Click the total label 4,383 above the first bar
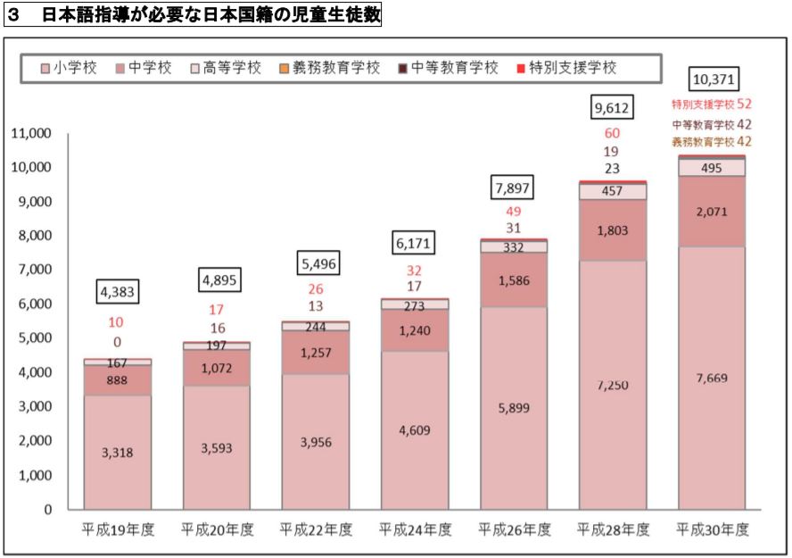(119, 291)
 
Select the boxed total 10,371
(714, 79)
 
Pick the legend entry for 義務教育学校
(335, 68)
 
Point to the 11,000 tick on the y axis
(31, 134)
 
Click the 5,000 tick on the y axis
(35, 338)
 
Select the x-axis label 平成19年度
(119, 529)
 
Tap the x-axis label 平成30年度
(714, 529)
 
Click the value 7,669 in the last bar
(712, 378)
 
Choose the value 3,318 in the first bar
(119, 453)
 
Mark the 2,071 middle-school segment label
(712, 211)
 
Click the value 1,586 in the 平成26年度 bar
(515, 280)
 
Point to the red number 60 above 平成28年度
(613, 134)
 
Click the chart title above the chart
(193, 16)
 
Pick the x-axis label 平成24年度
(416, 529)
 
